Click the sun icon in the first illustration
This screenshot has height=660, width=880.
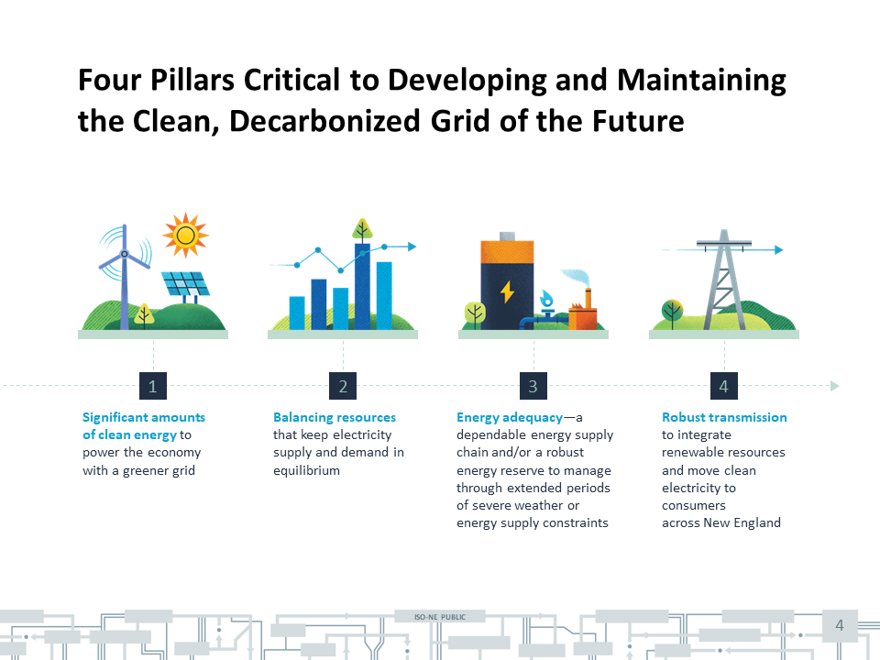(185, 236)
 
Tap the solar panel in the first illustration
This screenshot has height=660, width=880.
(185, 284)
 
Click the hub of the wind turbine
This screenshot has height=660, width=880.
(125, 254)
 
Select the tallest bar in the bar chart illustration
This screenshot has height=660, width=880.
(363, 286)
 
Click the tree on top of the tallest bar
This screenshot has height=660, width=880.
(363, 230)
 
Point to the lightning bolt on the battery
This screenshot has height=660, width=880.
(507, 291)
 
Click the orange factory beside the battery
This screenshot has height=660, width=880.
(583, 312)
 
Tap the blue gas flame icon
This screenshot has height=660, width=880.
(546, 299)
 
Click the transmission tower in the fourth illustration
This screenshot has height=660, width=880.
(724, 280)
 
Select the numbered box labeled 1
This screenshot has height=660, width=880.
(153, 386)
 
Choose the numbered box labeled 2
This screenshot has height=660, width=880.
(343, 386)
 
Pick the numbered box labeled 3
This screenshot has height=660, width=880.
(533, 386)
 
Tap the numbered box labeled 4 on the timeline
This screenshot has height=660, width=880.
(724, 386)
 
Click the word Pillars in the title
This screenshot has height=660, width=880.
(192, 80)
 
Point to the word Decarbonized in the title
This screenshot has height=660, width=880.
(324, 121)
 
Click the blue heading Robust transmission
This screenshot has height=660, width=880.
(724, 417)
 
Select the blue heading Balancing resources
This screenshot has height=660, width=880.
(335, 418)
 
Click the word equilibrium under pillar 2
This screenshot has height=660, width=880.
(306, 470)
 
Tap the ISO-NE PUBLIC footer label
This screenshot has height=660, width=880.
(440, 617)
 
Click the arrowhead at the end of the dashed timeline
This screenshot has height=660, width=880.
(835, 386)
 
